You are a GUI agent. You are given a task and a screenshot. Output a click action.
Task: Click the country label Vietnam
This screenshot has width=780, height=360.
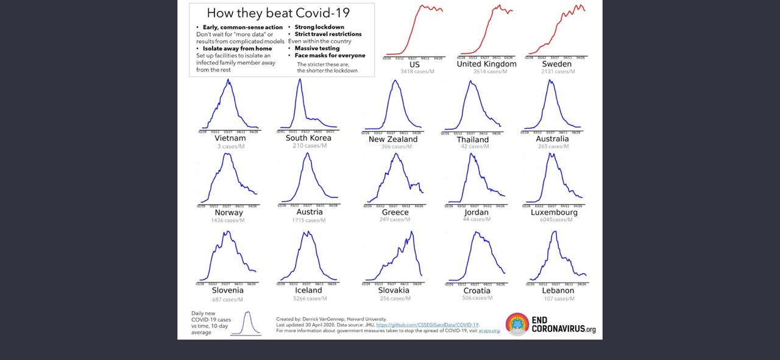pyautogui.click(x=230, y=138)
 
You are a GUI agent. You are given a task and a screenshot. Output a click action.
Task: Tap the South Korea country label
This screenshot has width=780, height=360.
pyautogui.click(x=308, y=138)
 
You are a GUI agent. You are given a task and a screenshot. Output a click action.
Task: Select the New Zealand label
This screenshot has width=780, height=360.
pyautogui.click(x=393, y=139)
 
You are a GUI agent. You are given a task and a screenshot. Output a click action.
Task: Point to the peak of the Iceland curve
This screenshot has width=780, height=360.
pyautogui.click(x=308, y=231)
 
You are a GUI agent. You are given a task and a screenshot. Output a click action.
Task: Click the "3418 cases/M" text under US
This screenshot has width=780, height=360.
pyautogui.click(x=417, y=72)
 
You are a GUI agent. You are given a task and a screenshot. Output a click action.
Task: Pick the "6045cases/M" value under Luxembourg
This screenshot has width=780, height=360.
pyautogui.click(x=556, y=220)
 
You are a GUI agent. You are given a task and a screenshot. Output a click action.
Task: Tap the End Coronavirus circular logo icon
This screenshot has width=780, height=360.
pyautogui.click(x=517, y=324)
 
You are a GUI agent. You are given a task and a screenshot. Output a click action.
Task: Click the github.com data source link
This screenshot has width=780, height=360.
pyautogui.click(x=427, y=325)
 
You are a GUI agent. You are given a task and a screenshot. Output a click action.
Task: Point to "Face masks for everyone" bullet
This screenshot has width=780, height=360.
pyautogui.click(x=330, y=55)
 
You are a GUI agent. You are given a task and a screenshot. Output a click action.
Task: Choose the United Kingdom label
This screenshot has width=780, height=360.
pyautogui.click(x=486, y=64)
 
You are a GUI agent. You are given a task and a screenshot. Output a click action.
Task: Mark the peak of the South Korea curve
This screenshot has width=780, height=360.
pyautogui.click(x=300, y=79)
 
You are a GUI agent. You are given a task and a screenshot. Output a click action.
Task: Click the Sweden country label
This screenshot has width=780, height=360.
pyautogui.click(x=556, y=64)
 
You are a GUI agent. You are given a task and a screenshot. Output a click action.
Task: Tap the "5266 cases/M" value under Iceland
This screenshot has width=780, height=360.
pyautogui.click(x=310, y=298)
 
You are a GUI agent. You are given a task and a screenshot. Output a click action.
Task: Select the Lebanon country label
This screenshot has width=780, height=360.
pyautogui.click(x=558, y=291)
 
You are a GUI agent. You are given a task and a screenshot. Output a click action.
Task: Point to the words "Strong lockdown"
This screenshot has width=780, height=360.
pyautogui.click(x=319, y=27)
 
